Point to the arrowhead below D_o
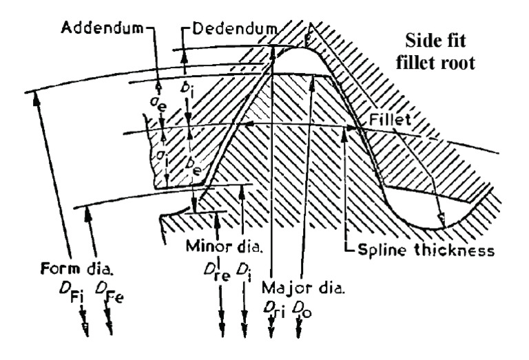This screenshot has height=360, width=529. (298, 330)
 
